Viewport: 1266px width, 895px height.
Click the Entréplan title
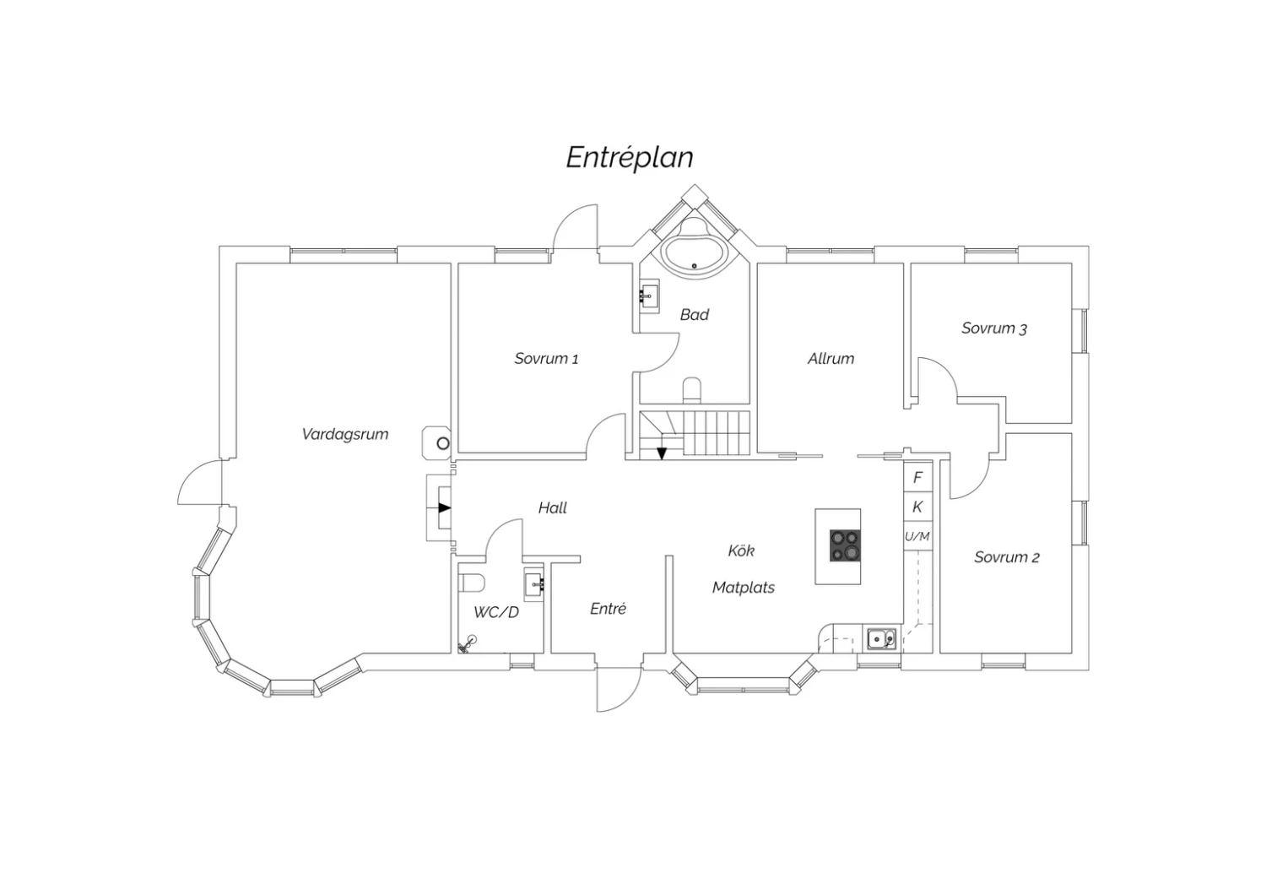coord(630,158)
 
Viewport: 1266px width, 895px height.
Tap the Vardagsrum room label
coord(344,434)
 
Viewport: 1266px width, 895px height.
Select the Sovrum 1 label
coord(546,359)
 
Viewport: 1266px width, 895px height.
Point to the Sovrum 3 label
coord(994,328)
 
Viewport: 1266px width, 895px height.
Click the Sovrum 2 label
coord(1007,557)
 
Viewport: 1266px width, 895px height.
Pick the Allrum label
coord(830,359)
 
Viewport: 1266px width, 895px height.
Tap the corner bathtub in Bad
coord(695,251)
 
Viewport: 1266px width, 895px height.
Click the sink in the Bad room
coord(649,296)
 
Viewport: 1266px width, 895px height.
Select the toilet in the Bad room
coord(692,390)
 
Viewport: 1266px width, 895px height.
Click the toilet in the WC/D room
coord(472,583)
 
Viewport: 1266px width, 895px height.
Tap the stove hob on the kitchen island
coord(845,545)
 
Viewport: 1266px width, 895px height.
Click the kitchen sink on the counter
coord(882,639)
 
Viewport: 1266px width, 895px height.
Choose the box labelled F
coord(917,478)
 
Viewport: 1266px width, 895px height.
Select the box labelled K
coord(917,507)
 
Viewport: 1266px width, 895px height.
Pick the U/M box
coord(917,536)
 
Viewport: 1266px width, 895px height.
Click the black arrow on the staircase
coord(661,453)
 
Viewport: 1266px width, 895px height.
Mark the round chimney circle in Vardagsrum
coord(443,444)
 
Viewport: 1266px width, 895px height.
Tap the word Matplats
coord(744,588)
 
